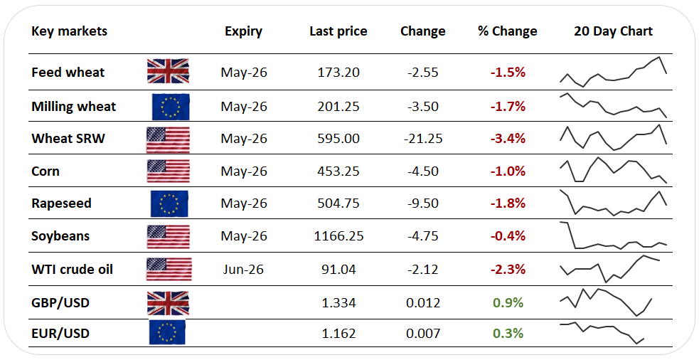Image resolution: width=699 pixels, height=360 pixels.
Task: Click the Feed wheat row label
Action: point(68,73)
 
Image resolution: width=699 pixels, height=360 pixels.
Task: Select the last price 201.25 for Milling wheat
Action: point(338,107)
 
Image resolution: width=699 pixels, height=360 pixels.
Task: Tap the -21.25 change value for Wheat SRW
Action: point(422,139)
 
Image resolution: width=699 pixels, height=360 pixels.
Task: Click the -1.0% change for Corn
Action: point(507,171)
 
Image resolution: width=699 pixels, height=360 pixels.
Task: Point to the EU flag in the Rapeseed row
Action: point(169,203)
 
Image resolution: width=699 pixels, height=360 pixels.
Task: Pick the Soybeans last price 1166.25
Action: point(338,236)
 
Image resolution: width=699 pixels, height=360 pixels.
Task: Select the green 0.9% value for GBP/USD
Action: point(508,303)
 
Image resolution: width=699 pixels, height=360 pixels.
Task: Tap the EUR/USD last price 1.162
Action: point(338,333)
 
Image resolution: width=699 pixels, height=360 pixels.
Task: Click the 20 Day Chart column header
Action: point(613,31)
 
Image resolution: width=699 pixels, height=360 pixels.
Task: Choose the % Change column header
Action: point(507,31)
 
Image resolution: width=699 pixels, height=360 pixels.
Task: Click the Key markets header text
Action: point(69,31)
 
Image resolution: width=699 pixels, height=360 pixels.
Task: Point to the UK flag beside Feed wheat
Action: point(168,72)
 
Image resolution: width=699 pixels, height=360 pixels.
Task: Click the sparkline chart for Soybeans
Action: point(613,236)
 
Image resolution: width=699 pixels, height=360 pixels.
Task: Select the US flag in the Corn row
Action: point(168,171)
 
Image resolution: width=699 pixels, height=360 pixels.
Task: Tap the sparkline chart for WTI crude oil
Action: point(613,268)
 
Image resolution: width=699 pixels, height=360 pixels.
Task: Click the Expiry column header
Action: point(243,31)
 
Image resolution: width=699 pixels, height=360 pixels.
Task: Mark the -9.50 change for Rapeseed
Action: point(422,203)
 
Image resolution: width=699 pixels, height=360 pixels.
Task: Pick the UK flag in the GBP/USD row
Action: point(168,303)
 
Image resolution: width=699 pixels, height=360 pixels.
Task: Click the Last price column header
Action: point(338,31)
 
